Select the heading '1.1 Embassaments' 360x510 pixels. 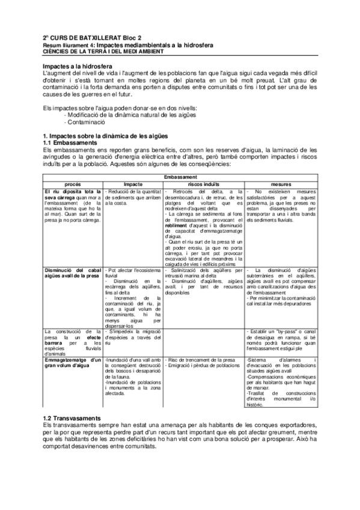[x=70, y=143]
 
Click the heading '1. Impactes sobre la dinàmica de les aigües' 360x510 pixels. [x=106, y=137]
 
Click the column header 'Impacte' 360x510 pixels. [x=133, y=183]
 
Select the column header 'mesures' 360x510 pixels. [x=281, y=183]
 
